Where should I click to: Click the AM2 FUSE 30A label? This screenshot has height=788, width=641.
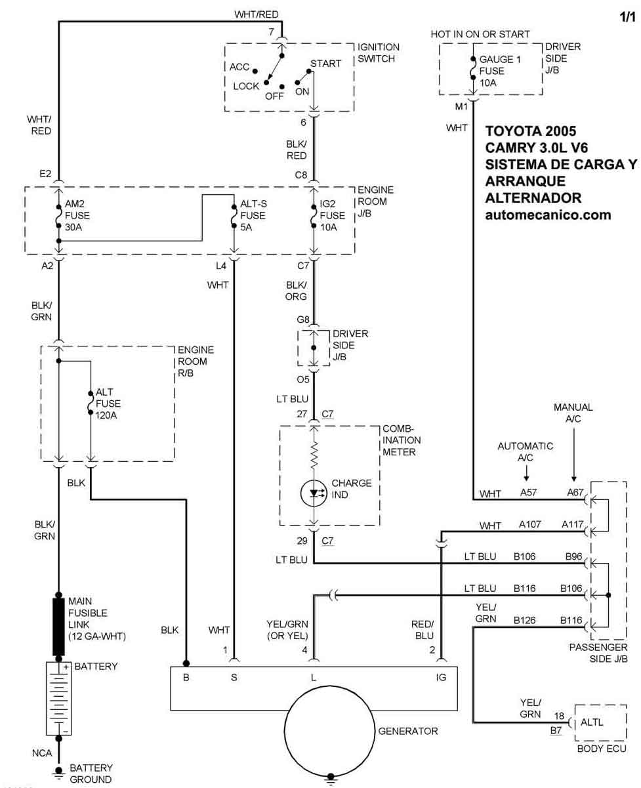point(77,215)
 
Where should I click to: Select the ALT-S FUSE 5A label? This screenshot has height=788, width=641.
point(253,215)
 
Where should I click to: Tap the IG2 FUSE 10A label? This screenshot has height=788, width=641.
point(333,215)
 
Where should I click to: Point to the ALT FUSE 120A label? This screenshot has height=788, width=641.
point(108,404)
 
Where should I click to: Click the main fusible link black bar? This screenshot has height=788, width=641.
point(59,626)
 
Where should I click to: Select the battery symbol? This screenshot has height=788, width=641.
point(59,698)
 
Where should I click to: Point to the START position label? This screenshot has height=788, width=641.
point(325,64)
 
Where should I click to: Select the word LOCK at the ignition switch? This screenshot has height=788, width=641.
point(246,86)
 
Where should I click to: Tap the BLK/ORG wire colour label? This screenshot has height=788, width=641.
point(296,291)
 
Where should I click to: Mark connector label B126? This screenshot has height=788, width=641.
point(525,619)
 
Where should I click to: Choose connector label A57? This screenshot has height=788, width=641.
point(529,493)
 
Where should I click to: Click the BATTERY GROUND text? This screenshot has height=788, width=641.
point(91,774)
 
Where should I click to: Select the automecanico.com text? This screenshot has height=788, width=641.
point(548,214)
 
